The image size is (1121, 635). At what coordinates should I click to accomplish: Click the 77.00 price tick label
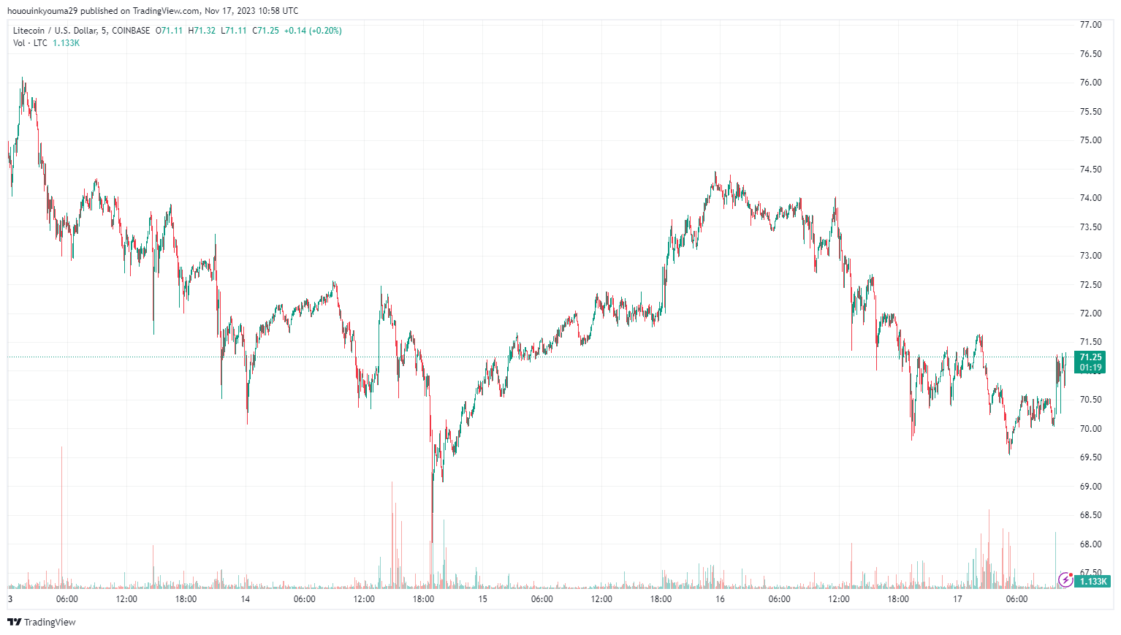(1090, 25)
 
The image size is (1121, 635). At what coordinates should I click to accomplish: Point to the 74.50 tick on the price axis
(1090, 170)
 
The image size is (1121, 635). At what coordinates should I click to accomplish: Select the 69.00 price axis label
(1090, 487)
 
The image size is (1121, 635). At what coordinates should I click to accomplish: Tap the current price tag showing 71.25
(1090, 357)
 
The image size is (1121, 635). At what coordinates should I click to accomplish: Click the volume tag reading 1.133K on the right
(1094, 581)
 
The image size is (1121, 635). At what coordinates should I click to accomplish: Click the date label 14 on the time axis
(246, 599)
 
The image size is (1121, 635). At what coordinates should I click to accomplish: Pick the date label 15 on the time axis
(482, 599)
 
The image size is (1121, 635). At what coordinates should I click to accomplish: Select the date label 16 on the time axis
(720, 599)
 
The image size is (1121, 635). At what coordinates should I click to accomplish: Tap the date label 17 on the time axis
(957, 599)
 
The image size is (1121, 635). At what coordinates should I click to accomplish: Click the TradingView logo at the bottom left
(42, 622)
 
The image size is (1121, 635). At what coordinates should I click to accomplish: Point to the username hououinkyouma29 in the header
(42, 11)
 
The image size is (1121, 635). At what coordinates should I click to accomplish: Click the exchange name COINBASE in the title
(131, 31)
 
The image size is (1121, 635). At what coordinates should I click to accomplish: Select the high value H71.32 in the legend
(202, 31)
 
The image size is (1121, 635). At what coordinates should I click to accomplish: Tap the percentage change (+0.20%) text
(325, 31)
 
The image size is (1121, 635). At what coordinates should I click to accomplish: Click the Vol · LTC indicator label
(30, 43)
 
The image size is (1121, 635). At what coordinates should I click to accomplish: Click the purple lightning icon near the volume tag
(1065, 580)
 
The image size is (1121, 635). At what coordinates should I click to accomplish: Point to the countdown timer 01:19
(1090, 368)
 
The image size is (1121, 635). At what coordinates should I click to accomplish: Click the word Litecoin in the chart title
(28, 31)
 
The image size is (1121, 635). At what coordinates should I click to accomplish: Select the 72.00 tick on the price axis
(1090, 313)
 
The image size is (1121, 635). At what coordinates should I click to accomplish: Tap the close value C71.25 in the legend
(265, 31)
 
